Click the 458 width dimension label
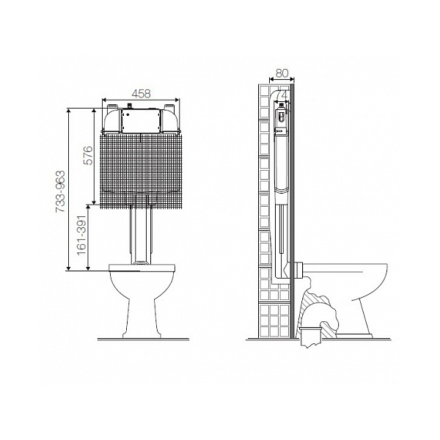click(x=141, y=94)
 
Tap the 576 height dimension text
click(x=88, y=155)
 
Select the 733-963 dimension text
click(x=60, y=191)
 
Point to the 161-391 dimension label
click(x=81, y=235)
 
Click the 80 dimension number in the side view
click(x=282, y=73)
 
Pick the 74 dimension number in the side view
click(x=282, y=95)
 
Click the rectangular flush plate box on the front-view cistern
click(x=141, y=121)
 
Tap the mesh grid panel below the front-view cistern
click(x=141, y=171)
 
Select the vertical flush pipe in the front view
click(x=141, y=235)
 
